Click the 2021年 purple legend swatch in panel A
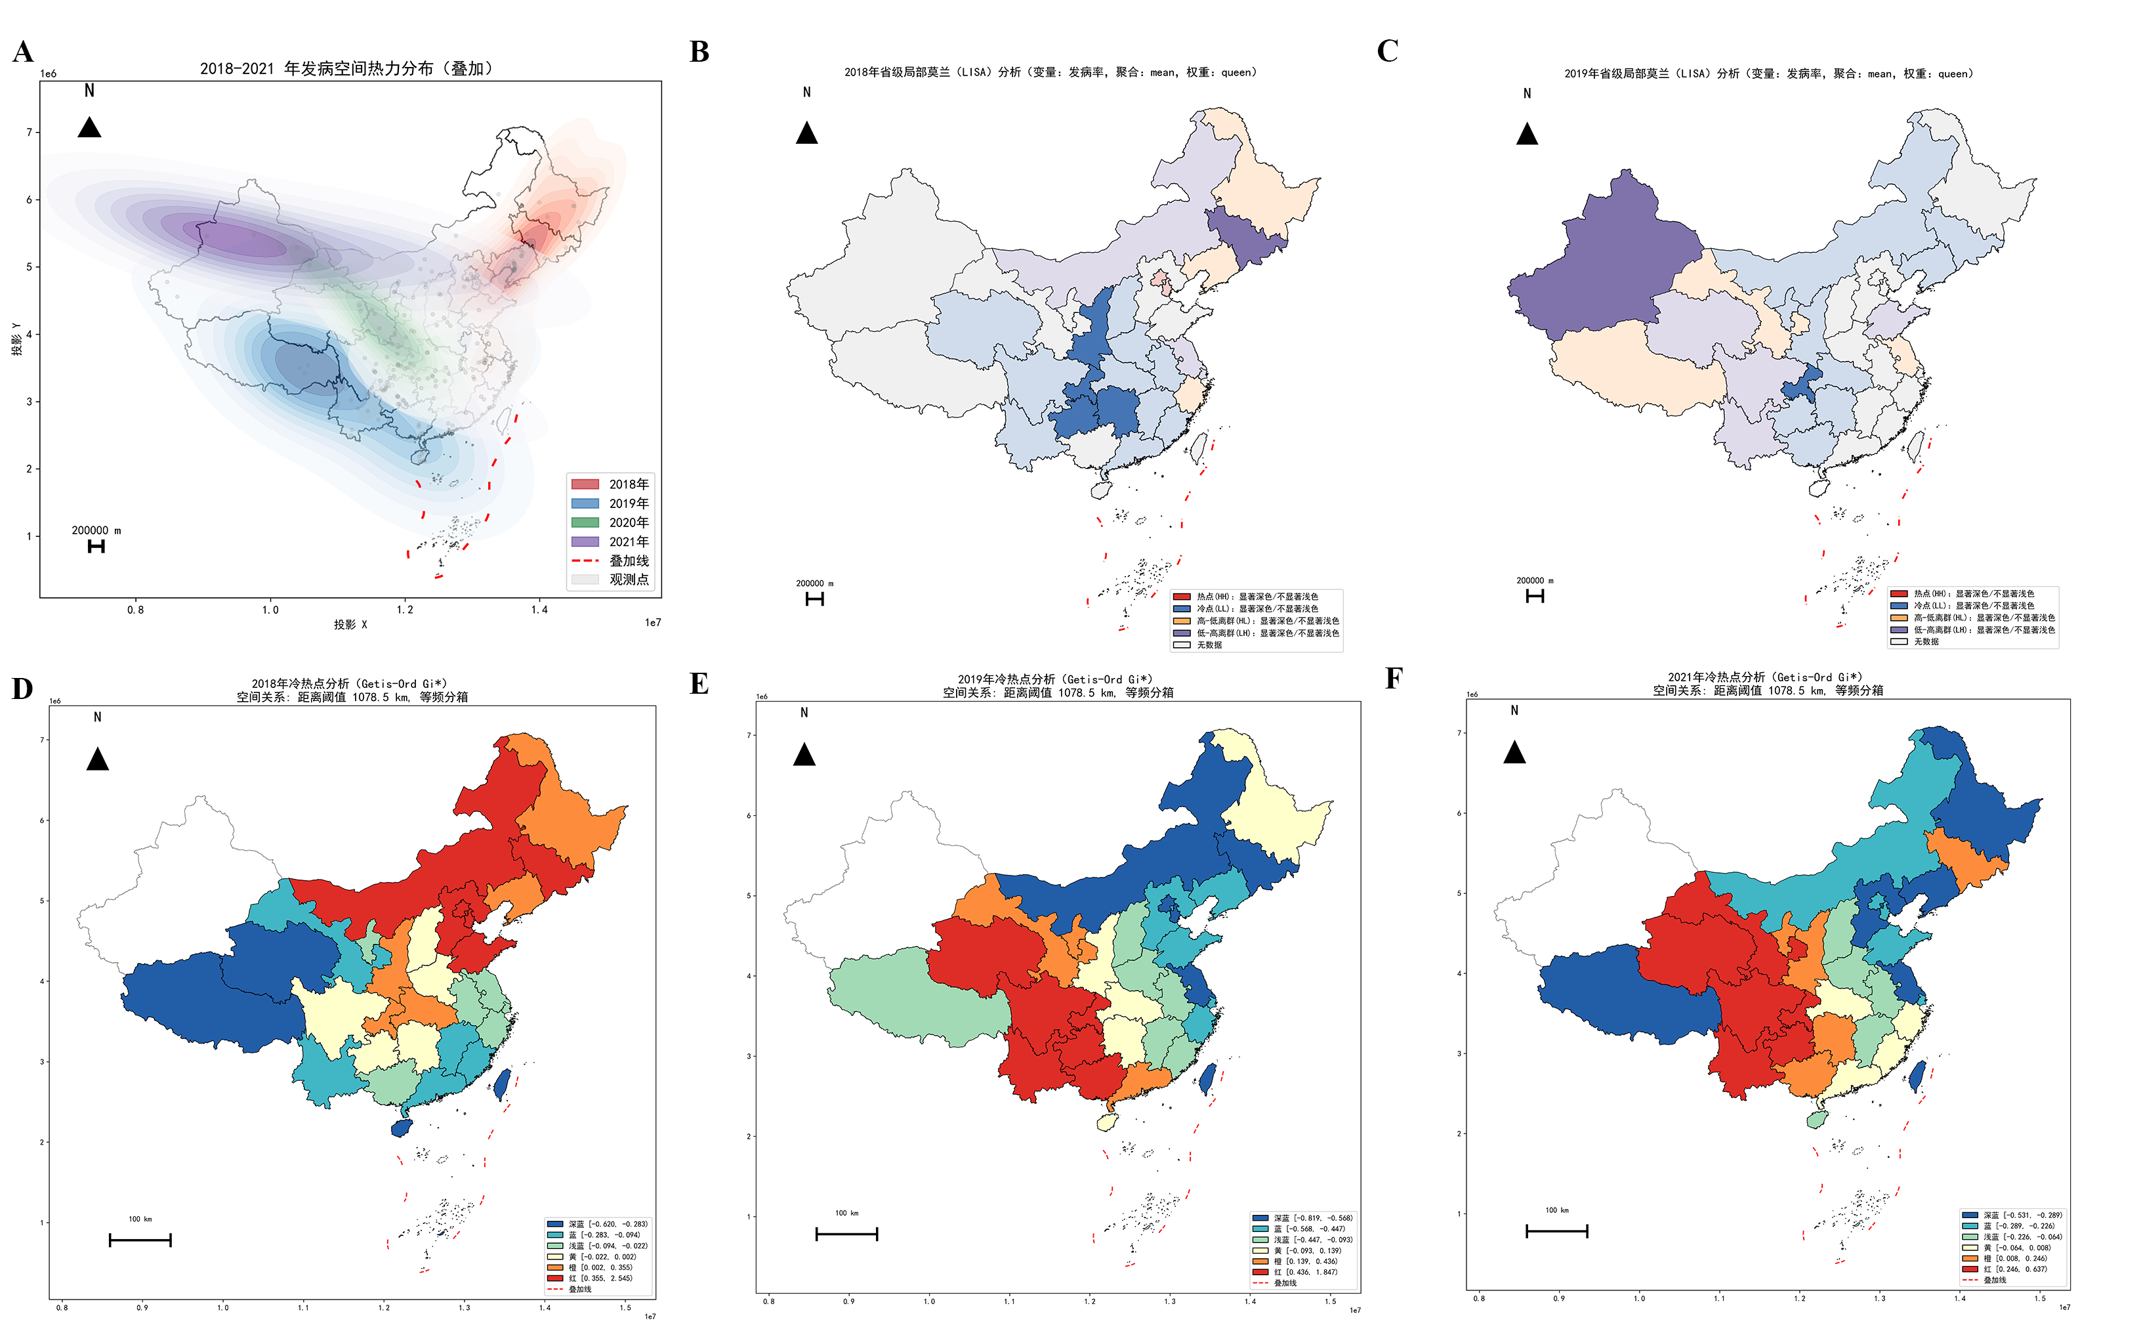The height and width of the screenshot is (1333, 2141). (585, 541)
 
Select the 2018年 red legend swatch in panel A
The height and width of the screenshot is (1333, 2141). (585, 484)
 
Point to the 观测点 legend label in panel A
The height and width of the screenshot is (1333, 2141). (629, 580)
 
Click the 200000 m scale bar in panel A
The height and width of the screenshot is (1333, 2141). (96, 547)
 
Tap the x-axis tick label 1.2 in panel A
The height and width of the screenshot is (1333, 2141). (405, 609)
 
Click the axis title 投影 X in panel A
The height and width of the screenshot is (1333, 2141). (350, 624)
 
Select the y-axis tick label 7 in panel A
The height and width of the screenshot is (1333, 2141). (29, 132)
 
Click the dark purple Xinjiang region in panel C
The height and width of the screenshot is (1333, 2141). (1604, 264)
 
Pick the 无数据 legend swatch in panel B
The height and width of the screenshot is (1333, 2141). (1182, 645)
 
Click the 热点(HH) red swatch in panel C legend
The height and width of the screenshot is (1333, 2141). (1899, 594)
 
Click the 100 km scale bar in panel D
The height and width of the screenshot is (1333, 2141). (140, 1240)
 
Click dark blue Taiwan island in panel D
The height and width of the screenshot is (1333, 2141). (501, 1084)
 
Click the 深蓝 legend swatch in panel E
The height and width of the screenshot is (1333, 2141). (1260, 1217)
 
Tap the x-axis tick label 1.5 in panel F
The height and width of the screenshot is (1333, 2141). (2040, 1298)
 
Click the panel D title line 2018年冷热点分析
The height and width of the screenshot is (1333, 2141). (349, 683)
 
